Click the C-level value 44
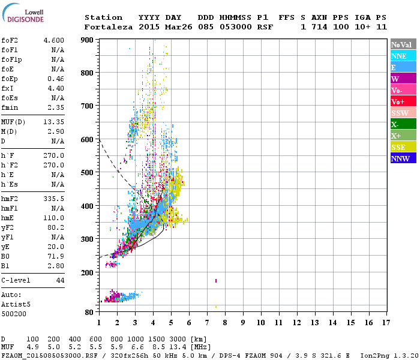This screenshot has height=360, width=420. tap(60, 280)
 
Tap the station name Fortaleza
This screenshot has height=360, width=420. tap(109, 27)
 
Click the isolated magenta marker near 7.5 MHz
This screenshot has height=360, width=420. tap(215, 280)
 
